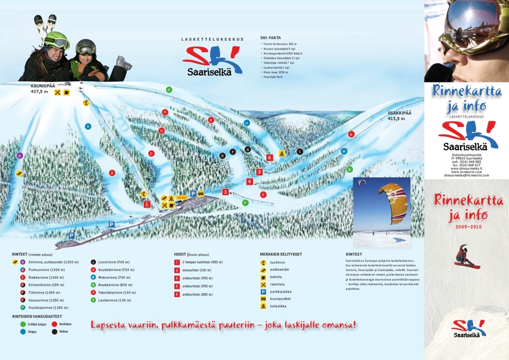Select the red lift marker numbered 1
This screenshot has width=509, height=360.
click(x=147, y=204)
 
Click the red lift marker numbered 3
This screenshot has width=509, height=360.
click(x=226, y=192)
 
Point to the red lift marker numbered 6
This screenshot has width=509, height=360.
click(x=270, y=157)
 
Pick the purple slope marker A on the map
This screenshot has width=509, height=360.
click(x=20, y=156)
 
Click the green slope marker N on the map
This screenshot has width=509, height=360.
click(x=350, y=169)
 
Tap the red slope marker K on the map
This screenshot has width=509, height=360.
click(x=351, y=134)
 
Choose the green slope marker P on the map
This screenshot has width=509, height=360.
click(x=246, y=203)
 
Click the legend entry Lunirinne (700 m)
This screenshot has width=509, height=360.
click(x=113, y=262)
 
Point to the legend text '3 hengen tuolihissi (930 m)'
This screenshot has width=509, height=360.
click(x=202, y=262)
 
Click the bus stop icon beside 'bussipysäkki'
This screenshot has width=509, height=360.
click(x=263, y=299)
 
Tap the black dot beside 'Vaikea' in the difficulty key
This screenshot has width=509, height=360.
click(x=55, y=331)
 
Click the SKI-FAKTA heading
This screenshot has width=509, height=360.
click(x=270, y=38)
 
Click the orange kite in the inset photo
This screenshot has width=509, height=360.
click(x=394, y=201)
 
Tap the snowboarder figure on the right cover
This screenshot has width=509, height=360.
click(x=466, y=256)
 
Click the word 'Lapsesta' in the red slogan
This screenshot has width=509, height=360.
click(x=110, y=325)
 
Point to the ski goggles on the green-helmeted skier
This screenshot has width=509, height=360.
click(x=60, y=44)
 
